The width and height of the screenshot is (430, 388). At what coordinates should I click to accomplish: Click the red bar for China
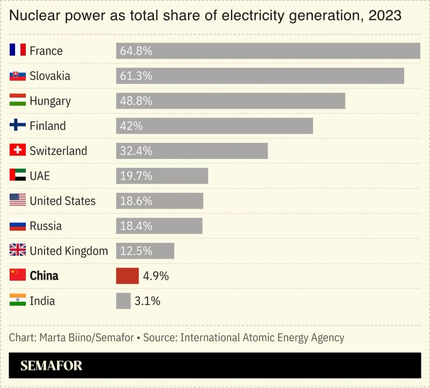pos(127,276)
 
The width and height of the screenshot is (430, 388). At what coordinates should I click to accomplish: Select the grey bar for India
pos(123,301)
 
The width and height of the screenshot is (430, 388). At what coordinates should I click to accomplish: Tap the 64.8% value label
pos(137,51)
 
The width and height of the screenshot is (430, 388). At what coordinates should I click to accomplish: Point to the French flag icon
pos(18,51)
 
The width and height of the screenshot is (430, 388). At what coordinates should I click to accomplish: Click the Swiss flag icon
pos(18,150)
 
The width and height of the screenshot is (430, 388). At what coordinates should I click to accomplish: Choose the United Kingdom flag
pos(18,250)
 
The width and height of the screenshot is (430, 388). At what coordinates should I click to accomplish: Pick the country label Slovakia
pos(50,76)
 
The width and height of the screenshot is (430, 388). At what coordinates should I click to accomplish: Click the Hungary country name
pos(50,101)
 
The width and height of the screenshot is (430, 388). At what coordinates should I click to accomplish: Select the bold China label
pos(44,276)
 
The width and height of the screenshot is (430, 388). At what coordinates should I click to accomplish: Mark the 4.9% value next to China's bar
pos(156,276)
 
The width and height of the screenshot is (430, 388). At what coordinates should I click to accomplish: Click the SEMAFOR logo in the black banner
pos(52,366)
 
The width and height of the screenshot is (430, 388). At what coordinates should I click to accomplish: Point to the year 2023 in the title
pos(385,16)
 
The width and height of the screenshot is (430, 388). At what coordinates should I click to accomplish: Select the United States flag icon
pos(18,200)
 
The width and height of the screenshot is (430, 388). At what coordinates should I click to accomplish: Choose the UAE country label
pos(40,176)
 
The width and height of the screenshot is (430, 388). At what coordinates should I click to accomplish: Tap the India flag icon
pos(18,300)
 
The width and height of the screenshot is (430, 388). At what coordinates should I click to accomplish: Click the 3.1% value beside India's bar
pos(147,301)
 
